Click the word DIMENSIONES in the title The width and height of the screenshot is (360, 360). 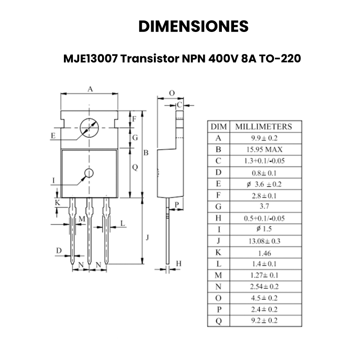click(x=193, y=26)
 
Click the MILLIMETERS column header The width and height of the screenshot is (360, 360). click(x=264, y=126)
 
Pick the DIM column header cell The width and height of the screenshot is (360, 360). click(x=219, y=126)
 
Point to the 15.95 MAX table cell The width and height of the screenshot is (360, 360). click(x=264, y=149)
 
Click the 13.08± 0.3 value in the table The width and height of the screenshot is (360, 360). click(x=264, y=241)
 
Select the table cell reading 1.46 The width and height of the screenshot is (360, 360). click(x=264, y=252)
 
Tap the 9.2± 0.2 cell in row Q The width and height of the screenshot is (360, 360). click(x=264, y=321)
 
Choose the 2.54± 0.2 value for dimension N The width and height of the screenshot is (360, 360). click(x=264, y=287)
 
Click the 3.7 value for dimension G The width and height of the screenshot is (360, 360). click(x=264, y=207)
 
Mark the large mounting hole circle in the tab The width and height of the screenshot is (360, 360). click(x=89, y=128)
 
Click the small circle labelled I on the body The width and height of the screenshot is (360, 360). click(x=89, y=173)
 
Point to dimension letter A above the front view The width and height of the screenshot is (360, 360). click(x=90, y=89)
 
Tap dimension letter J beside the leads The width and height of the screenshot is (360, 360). click(x=148, y=237)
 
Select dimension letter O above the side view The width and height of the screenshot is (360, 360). click(x=171, y=93)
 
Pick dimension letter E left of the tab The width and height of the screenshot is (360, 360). click(x=53, y=135)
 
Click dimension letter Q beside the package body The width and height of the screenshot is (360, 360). click(x=135, y=167)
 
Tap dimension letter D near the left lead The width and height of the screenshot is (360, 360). click(x=58, y=250)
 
